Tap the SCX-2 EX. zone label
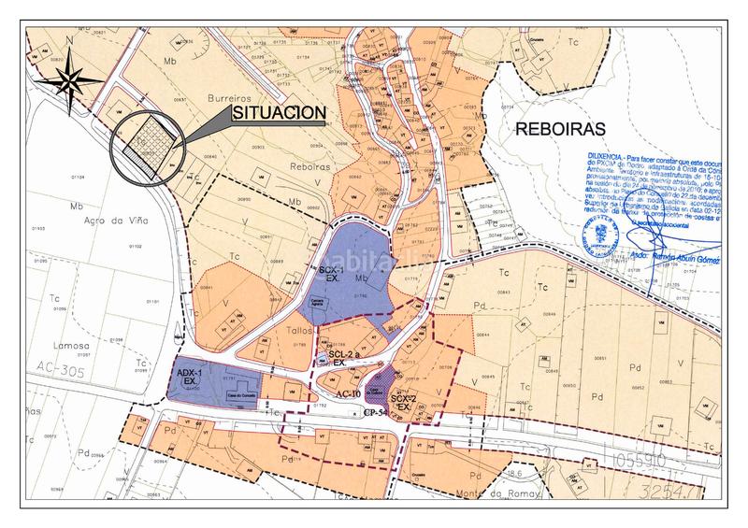coord(403,403)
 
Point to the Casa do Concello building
coord(241,392)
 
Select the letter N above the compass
coord(69,41)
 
